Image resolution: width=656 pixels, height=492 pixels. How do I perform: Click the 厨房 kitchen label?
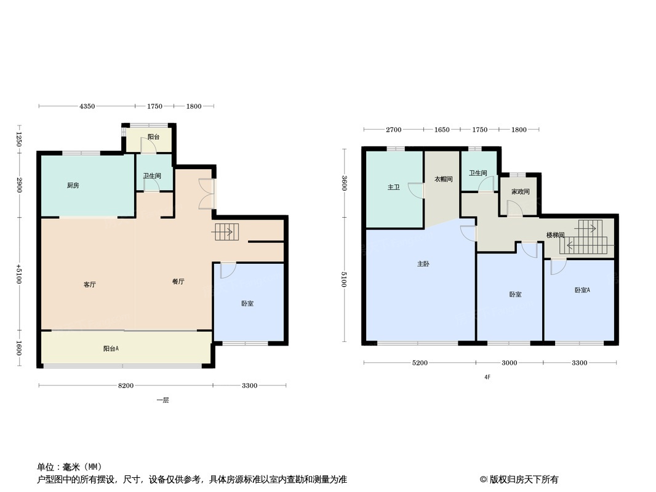point(73,186)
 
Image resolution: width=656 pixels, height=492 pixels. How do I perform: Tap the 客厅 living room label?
point(89,285)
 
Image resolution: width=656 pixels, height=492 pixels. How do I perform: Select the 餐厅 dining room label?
point(178,282)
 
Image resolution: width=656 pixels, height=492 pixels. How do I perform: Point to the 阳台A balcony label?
point(111,349)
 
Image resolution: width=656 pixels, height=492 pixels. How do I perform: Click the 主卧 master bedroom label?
point(423,264)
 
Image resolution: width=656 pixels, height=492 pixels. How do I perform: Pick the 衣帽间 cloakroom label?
point(444,179)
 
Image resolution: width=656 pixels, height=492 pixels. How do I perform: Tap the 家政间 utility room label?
point(521,191)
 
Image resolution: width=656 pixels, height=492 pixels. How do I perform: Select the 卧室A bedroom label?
point(582,290)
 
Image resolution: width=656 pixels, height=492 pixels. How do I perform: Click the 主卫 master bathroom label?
point(393,188)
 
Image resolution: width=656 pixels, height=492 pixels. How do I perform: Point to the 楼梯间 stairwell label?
point(556,236)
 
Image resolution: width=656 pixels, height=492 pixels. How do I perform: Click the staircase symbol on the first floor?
point(226,232)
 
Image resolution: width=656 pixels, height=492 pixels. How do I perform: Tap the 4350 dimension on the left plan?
point(87,106)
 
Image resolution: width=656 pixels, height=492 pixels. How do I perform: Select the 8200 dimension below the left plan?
point(126,386)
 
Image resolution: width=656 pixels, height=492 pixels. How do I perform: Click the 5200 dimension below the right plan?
point(420,363)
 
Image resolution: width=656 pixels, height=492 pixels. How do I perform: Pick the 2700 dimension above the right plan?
point(393,130)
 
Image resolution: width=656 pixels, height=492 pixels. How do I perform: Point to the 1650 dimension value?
point(442,130)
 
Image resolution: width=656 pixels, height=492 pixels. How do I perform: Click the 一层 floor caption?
point(162,400)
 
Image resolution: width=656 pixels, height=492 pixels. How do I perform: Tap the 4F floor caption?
point(487,377)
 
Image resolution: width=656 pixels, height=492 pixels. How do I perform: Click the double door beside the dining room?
point(207,194)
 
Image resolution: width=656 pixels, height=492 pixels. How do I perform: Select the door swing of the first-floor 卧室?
point(228,270)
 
